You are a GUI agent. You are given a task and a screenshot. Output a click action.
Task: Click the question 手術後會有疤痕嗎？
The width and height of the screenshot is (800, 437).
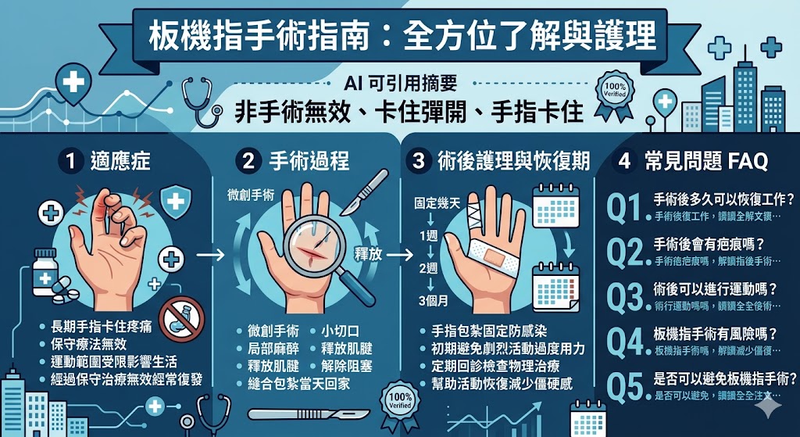[x=709, y=244]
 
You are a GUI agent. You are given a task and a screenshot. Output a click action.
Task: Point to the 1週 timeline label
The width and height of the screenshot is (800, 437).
[x=429, y=235]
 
